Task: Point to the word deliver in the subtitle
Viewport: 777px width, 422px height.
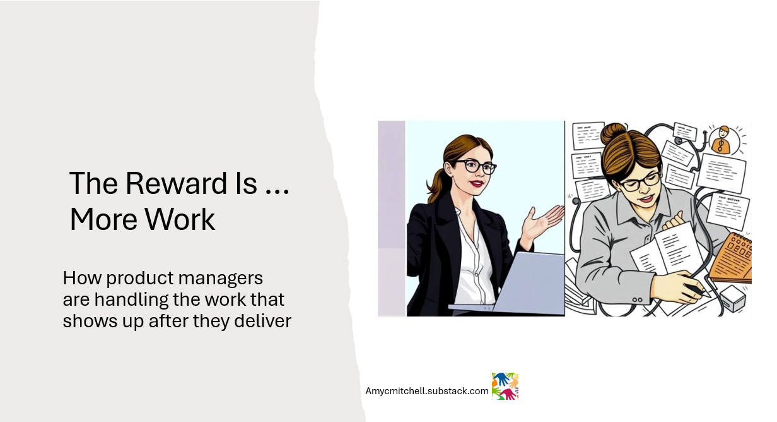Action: pos(261,321)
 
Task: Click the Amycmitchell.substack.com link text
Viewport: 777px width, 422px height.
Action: pos(427,391)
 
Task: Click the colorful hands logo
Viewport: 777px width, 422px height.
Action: pos(505,386)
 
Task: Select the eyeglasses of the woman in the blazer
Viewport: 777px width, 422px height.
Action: pos(476,167)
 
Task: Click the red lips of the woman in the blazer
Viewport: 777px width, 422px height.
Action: pos(476,184)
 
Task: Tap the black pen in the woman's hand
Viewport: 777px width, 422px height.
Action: pos(698,290)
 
